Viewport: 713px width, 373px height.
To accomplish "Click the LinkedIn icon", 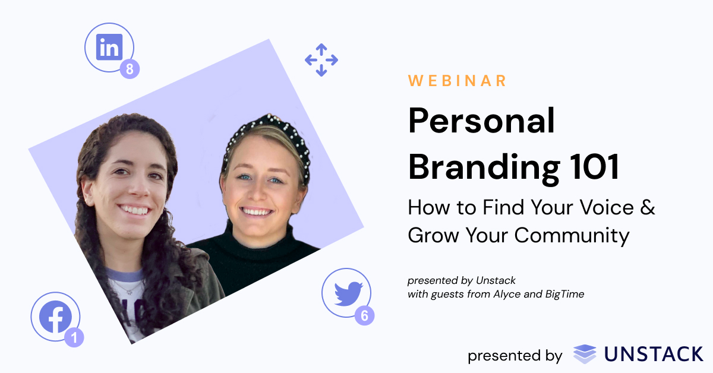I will click(x=109, y=47).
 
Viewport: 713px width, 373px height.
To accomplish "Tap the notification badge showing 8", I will click(x=129, y=69).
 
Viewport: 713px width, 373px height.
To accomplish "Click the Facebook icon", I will click(x=55, y=317).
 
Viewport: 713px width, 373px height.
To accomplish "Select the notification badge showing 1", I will click(x=74, y=337).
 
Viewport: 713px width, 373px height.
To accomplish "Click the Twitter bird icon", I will click(x=348, y=293).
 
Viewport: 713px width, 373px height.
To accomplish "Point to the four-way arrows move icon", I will click(x=321, y=60).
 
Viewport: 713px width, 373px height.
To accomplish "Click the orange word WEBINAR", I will click(x=458, y=81).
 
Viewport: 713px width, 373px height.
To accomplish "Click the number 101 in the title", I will click(x=590, y=167).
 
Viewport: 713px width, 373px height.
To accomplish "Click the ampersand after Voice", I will click(x=648, y=208).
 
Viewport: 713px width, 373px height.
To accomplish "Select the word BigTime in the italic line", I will click(x=564, y=294).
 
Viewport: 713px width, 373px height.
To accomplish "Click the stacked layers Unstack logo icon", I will click(x=585, y=354).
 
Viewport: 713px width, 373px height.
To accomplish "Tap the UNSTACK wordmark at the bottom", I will click(x=654, y=355).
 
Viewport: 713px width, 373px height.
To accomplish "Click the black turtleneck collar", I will click(x=261, y=235).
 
